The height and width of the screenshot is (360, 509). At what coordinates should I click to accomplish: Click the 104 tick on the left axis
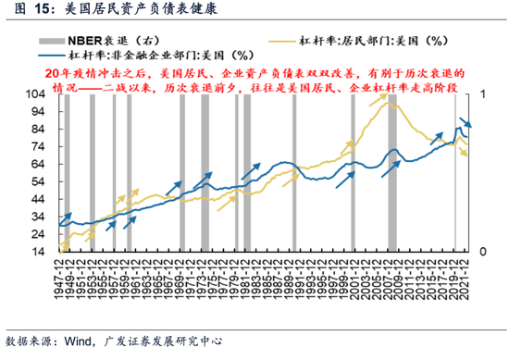pos(38,94)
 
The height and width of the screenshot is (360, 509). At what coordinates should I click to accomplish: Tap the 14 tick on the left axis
pos(41,252)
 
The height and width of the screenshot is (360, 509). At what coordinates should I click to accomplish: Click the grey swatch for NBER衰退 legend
pos(77,42)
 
